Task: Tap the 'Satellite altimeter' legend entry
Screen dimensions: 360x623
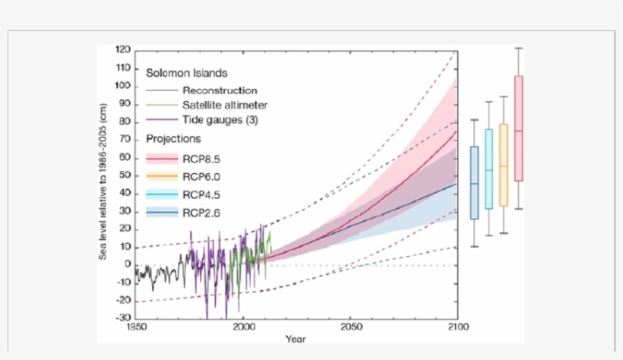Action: (x=224, y=105)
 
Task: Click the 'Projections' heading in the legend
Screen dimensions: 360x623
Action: (x=173, y=139)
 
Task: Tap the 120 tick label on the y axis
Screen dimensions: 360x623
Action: (x=123, y=49)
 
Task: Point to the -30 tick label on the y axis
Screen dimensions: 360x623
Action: (x=122, y=318)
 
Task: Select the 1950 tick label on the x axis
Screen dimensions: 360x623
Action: (x=135, y=328)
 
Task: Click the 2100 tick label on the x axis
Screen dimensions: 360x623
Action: (x=457, y=328)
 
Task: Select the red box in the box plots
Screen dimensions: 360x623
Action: (x=519, y=128)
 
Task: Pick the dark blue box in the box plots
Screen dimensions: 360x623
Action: (x=474, y=182)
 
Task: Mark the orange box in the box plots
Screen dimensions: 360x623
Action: (x=503, y=165)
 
